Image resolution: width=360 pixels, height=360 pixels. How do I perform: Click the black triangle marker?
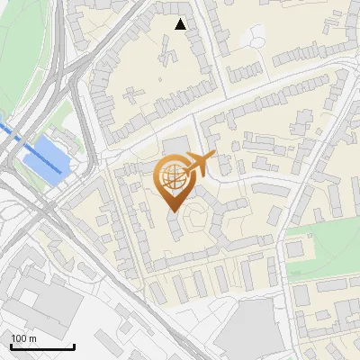point(181,24)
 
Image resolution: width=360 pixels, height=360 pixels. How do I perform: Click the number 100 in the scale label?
point(19,338)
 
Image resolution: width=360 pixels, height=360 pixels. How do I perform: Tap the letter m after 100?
point(33,338)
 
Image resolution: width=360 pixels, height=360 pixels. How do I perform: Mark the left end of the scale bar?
point(11,346)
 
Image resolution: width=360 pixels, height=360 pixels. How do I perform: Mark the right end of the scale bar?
point(74,346)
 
